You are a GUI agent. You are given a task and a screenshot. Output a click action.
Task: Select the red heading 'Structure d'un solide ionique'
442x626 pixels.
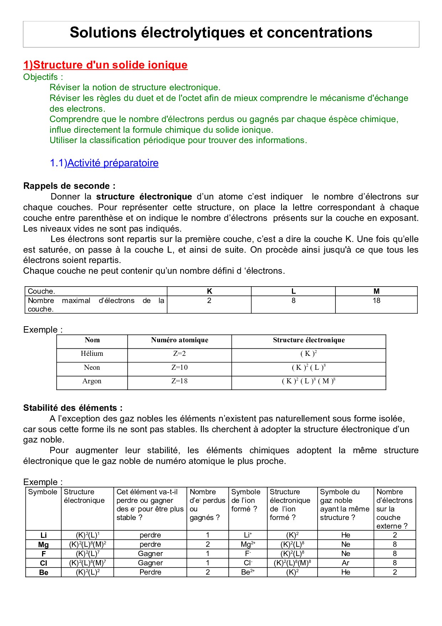pos(110,65)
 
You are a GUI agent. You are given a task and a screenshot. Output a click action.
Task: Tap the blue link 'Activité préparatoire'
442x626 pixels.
pos(113,163)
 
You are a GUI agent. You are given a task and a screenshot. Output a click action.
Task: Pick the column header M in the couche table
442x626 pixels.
pos(376,291)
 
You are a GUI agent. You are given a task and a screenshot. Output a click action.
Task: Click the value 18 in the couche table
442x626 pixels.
pos(376,301)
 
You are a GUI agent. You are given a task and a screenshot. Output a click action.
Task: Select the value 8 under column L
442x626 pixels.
pos(293,301)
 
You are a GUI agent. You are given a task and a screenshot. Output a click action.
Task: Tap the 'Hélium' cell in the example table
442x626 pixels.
pos(92,354)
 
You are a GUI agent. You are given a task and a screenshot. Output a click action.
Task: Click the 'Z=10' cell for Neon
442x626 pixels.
pos(179,368)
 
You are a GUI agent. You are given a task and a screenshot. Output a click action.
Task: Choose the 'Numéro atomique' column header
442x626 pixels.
pos(180,340)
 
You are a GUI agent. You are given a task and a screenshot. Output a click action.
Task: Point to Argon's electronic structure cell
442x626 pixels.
pos(309,381)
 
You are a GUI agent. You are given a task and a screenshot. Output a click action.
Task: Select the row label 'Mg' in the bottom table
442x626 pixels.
pos(43,545)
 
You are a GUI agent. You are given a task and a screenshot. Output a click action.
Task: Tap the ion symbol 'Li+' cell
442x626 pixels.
pos(248,535)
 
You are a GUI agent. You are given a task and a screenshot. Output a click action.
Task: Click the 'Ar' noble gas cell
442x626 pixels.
pos(345,563)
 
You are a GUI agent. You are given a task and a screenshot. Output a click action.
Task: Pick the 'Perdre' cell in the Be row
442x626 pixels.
pos(150,572)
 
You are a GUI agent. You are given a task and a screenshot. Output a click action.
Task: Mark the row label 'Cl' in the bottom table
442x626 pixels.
pos(43,563)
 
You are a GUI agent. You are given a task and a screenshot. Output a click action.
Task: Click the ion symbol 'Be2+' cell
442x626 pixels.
pos(248,572)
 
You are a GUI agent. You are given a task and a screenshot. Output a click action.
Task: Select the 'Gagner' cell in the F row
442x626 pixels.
pos(150,554)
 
